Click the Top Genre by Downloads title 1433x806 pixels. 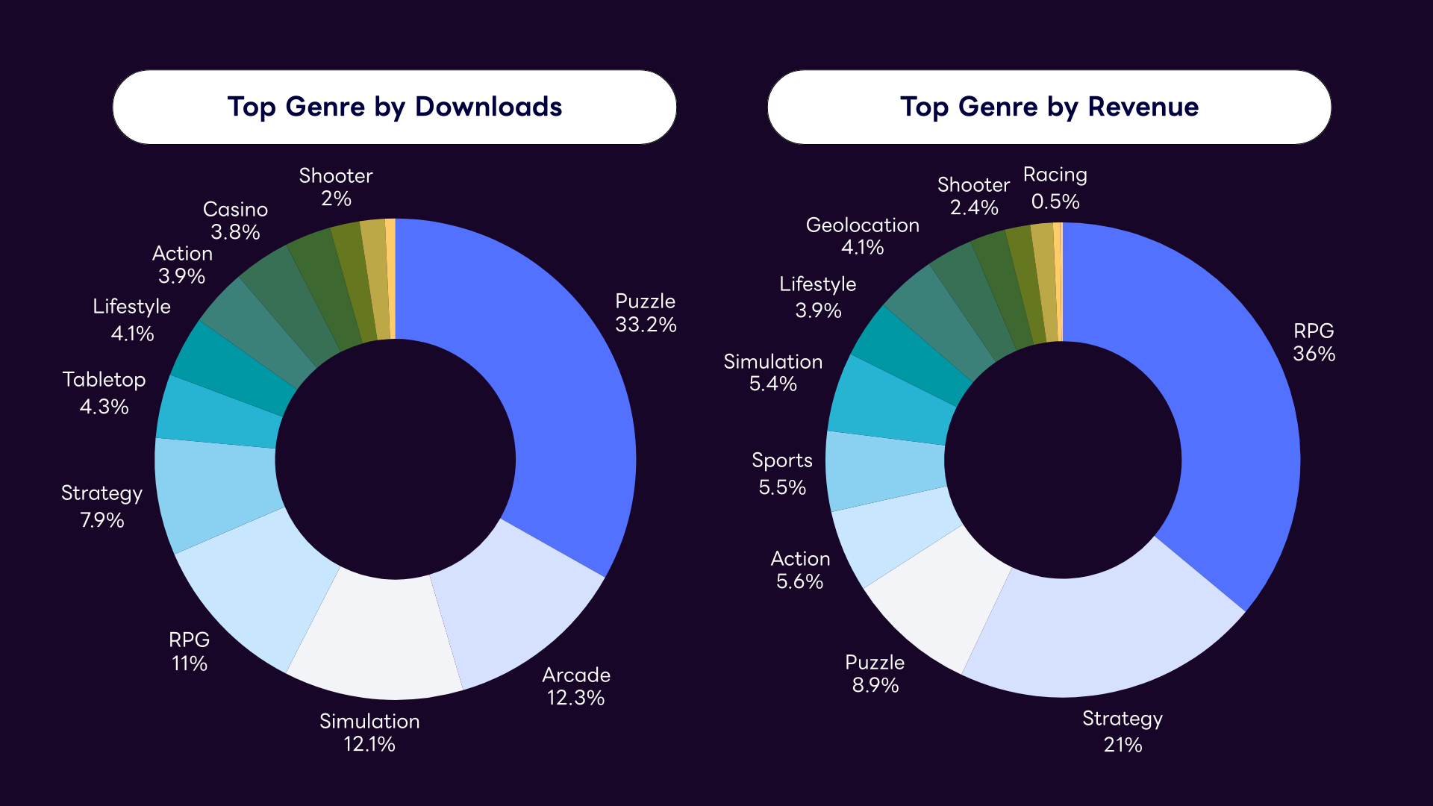click(394, 107)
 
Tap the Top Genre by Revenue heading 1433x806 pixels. click(1049, 107)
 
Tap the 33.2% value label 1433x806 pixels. click(646, 325)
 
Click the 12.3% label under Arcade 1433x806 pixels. click(575, 698)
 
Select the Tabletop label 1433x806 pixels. click(104, 379)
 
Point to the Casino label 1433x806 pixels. click(235, 209)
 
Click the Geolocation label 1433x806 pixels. click(862, 225)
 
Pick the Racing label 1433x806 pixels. click(1055, 175)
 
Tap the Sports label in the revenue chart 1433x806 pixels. click(781, 460)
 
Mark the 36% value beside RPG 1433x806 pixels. click(1314, 354)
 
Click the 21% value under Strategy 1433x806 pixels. click(1123, 745)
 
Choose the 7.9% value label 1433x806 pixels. click(102, 520)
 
